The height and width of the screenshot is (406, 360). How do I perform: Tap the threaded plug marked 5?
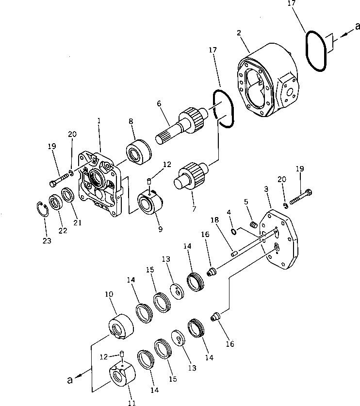coord(253,224)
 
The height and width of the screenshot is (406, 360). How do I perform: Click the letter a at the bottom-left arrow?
coord(70,380)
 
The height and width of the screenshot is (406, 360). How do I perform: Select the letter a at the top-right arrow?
coord(357,27)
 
